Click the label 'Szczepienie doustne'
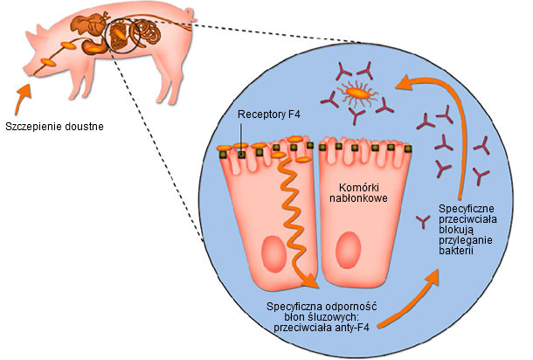click(54, 127)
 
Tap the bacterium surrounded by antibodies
click(356, 90)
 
